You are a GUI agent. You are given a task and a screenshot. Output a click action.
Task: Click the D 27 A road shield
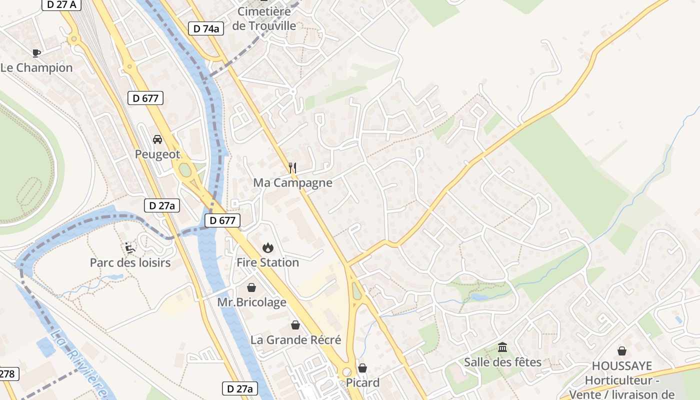tap(61, 4)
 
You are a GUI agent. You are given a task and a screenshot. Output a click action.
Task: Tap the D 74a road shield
tap(206, 28)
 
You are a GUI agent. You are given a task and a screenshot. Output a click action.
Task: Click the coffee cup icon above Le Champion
tap(36, 53)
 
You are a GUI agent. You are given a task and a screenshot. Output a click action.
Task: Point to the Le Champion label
tap(36, 67)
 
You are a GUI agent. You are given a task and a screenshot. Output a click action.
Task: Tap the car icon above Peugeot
tap(157, 139)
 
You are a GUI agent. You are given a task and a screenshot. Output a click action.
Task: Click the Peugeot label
tap(157, 154)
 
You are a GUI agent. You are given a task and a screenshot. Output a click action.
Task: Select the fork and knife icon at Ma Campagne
tap(292, 167)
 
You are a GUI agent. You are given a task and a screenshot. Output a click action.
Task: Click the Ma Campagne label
tap(292, 182)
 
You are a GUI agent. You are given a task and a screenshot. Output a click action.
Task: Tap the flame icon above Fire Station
tap(267, 247)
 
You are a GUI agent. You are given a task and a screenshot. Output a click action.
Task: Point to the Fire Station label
tap(267, 262)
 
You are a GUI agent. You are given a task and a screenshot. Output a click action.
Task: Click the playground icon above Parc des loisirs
tap(129, 247)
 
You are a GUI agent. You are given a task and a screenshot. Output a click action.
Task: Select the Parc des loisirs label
tap(130, 262)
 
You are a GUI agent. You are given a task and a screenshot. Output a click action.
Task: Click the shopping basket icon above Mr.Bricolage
tap(251, 287)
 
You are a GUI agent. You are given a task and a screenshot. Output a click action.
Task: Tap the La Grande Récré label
tap(295, 340)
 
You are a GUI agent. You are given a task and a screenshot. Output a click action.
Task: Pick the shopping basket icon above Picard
tap(362, 368)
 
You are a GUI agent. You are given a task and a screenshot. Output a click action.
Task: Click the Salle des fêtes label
tap(502, 362)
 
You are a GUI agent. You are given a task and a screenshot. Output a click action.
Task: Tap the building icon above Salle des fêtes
tap(502, 347)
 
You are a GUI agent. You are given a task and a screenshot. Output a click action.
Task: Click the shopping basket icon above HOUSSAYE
tap(622, 351)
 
